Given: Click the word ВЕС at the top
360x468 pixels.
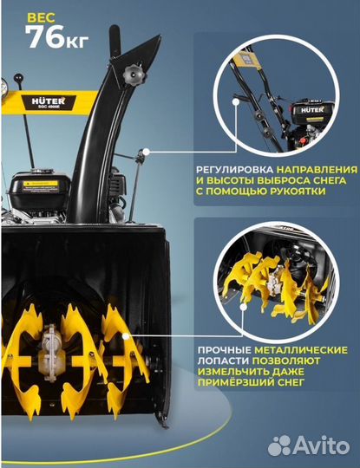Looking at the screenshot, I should [38, 16].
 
